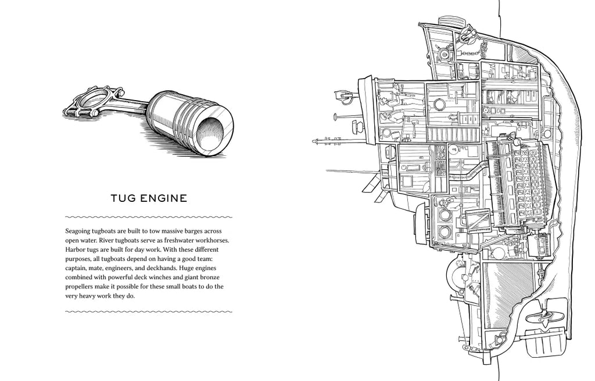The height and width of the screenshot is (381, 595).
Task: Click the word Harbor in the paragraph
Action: click(x=77, y=250)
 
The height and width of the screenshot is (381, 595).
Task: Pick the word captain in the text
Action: click(x=77, y=268)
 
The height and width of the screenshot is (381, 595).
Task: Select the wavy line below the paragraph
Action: click(x=149, y=312)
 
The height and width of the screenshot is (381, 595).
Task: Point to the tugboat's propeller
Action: click(x=544, y=318)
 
